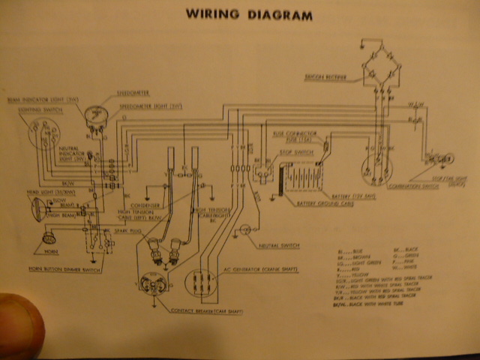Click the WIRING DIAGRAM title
250,14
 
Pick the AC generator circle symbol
196,281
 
